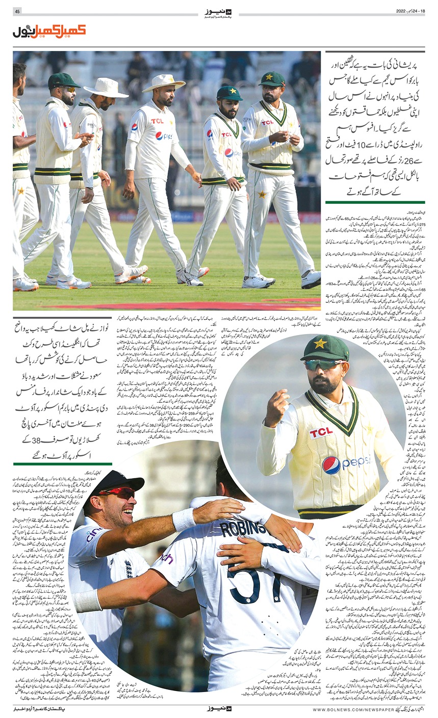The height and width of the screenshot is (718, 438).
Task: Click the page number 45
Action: click(x=17, y=12)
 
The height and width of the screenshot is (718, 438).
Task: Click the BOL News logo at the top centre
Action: click(x=219, y=12)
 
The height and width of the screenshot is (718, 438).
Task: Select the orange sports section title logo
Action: click(x=49, y=32)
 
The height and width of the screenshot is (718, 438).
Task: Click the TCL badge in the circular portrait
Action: click(x=321, y=432)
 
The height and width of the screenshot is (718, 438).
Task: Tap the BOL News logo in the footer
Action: click(x=219, y=708)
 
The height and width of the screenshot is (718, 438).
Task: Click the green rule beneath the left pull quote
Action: click(x=63, y=463)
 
